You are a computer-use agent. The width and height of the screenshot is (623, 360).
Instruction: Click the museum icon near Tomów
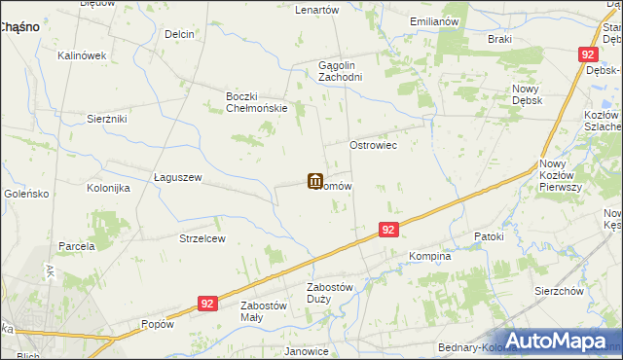315,181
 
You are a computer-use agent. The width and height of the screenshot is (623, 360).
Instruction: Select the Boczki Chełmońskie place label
256,102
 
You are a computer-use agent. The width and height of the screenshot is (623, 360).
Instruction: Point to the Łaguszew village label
177,177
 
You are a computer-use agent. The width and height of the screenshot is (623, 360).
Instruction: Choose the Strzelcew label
202,238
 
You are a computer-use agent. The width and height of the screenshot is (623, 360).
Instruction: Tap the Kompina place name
429,257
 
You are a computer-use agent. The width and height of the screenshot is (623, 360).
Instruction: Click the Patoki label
489,236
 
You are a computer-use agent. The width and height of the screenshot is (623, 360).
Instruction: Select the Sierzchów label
558,291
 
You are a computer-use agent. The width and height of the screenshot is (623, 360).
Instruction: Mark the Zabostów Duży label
333,293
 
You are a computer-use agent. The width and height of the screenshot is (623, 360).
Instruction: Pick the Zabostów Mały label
264,311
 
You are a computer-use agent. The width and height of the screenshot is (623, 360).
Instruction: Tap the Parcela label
76,246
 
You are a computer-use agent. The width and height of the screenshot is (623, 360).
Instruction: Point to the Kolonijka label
108,188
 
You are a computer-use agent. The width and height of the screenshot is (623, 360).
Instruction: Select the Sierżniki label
107,117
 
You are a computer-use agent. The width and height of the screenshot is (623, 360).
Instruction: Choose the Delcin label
179,34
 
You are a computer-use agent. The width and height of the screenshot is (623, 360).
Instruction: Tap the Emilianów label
434,20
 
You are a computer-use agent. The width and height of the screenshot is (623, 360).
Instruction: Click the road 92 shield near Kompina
388,230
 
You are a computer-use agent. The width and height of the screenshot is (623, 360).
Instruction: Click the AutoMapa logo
558,341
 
